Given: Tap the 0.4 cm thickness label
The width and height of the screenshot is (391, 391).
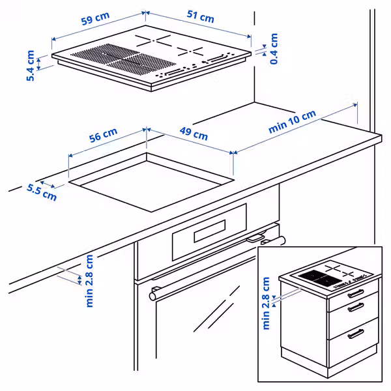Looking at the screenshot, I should pos(274,48).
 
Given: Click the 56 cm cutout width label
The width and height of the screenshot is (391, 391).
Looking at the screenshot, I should pos(103,137).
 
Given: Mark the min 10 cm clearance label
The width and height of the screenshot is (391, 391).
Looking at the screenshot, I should pos(292,122).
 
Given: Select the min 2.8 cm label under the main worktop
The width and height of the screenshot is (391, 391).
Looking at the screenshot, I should pos(89,280).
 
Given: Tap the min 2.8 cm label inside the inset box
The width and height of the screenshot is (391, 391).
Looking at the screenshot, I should pos(267,303).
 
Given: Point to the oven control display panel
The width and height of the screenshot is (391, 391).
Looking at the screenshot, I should pos(209,231).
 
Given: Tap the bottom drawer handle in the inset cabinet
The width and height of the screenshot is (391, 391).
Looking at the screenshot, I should pos(355,335).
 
